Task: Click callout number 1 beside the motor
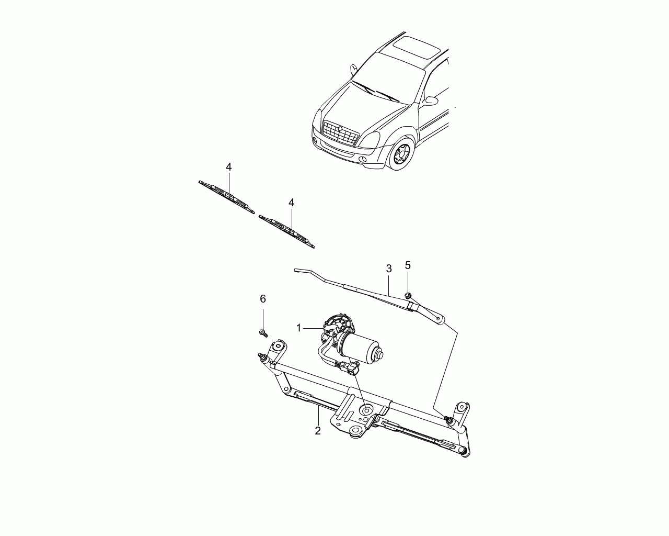[x=299, y=328]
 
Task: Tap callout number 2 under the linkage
[x=317, y=431]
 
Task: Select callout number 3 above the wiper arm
[x=389, y=269]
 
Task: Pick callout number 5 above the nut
[x=408, y=265]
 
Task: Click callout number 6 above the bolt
[x=263, y=299]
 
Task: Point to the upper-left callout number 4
[x=228, y=167]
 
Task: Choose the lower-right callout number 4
[x=291, y=203]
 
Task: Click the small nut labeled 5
[x=408, y=295]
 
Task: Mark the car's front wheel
[x=402, y=153]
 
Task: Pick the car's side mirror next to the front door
[x=430, y=101]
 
